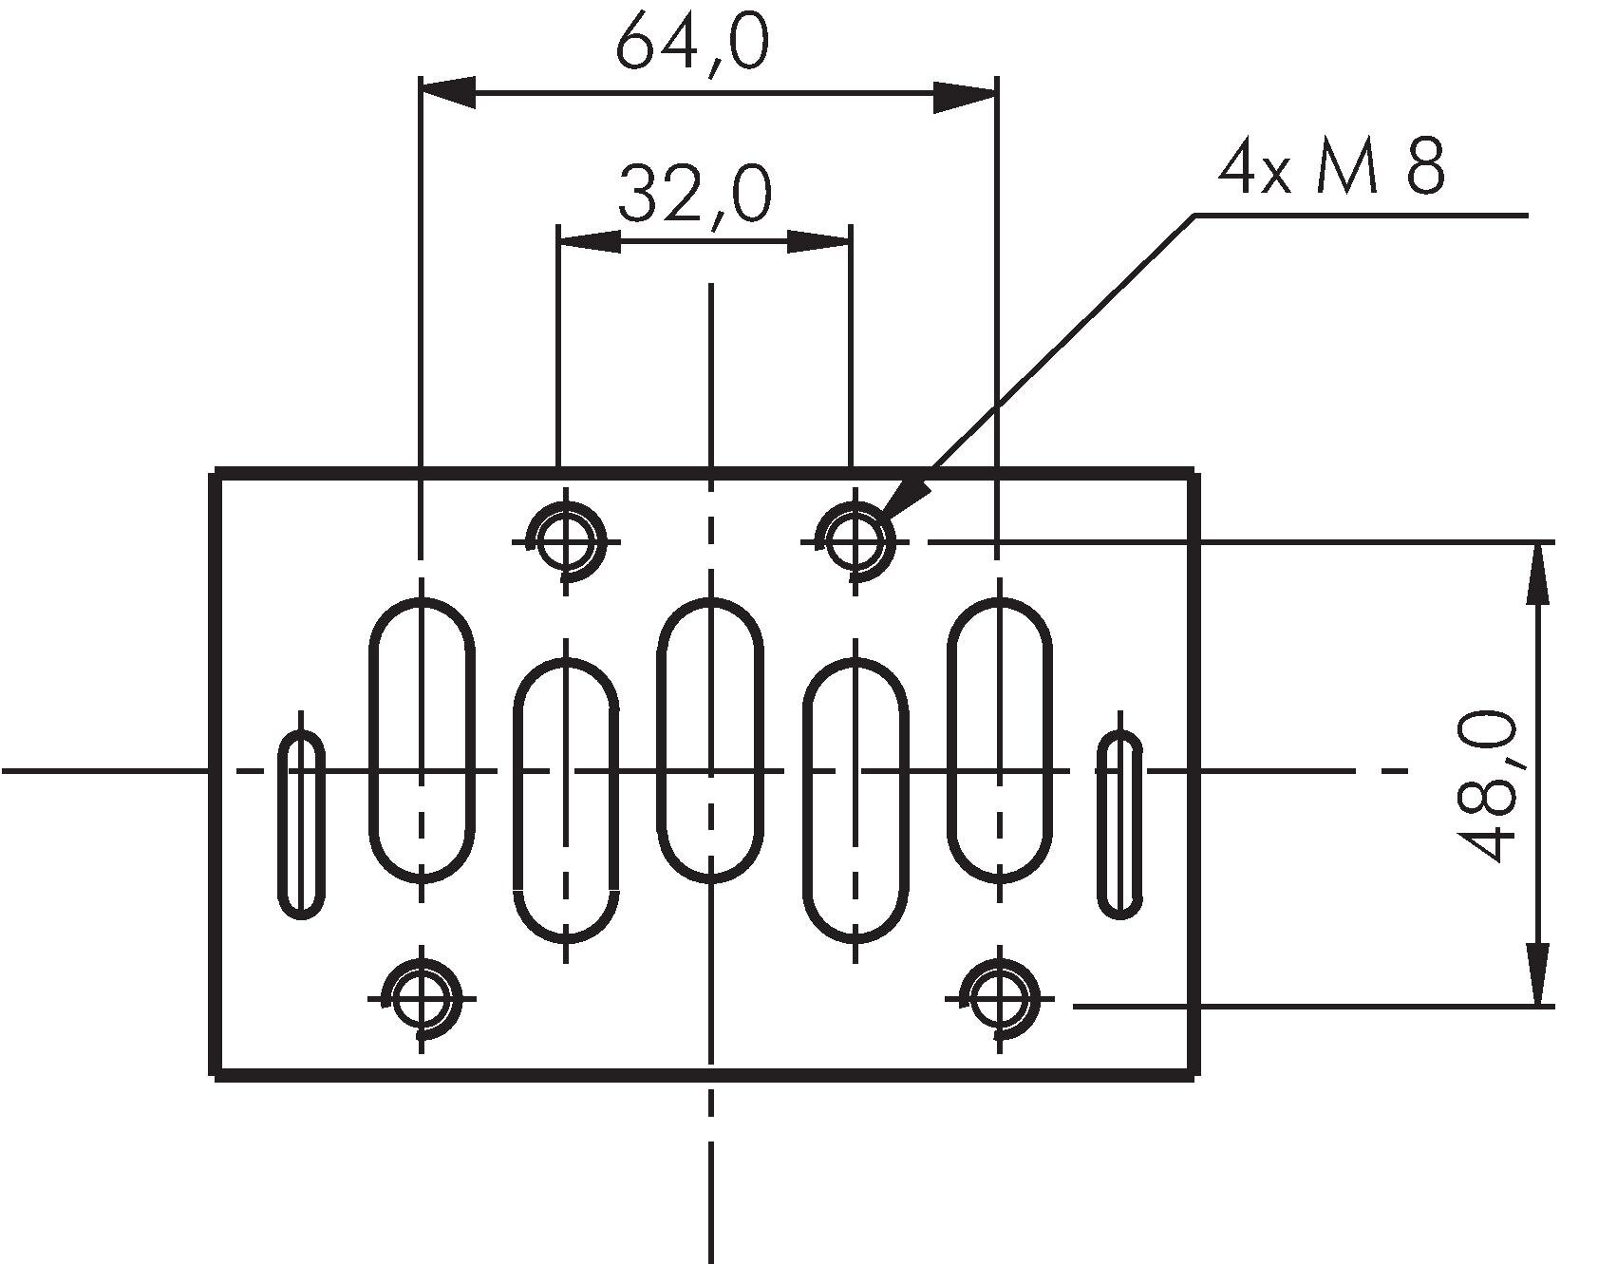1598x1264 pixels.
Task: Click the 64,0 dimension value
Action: [x=692, y=44]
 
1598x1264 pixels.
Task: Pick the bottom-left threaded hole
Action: [x=421, y=998]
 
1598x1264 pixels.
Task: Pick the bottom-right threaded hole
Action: [x=998, y=998]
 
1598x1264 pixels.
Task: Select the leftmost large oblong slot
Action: [x=422, y=739]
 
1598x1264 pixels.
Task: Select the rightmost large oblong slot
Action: [x=999, y=739]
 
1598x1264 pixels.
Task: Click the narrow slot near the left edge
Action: [x=301, y=824]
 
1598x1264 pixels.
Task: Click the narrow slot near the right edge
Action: [x=1120, y=824]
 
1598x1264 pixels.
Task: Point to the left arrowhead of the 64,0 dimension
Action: [x=446, y=93]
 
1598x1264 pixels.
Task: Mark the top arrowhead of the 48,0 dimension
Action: [x=1538, y=570]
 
